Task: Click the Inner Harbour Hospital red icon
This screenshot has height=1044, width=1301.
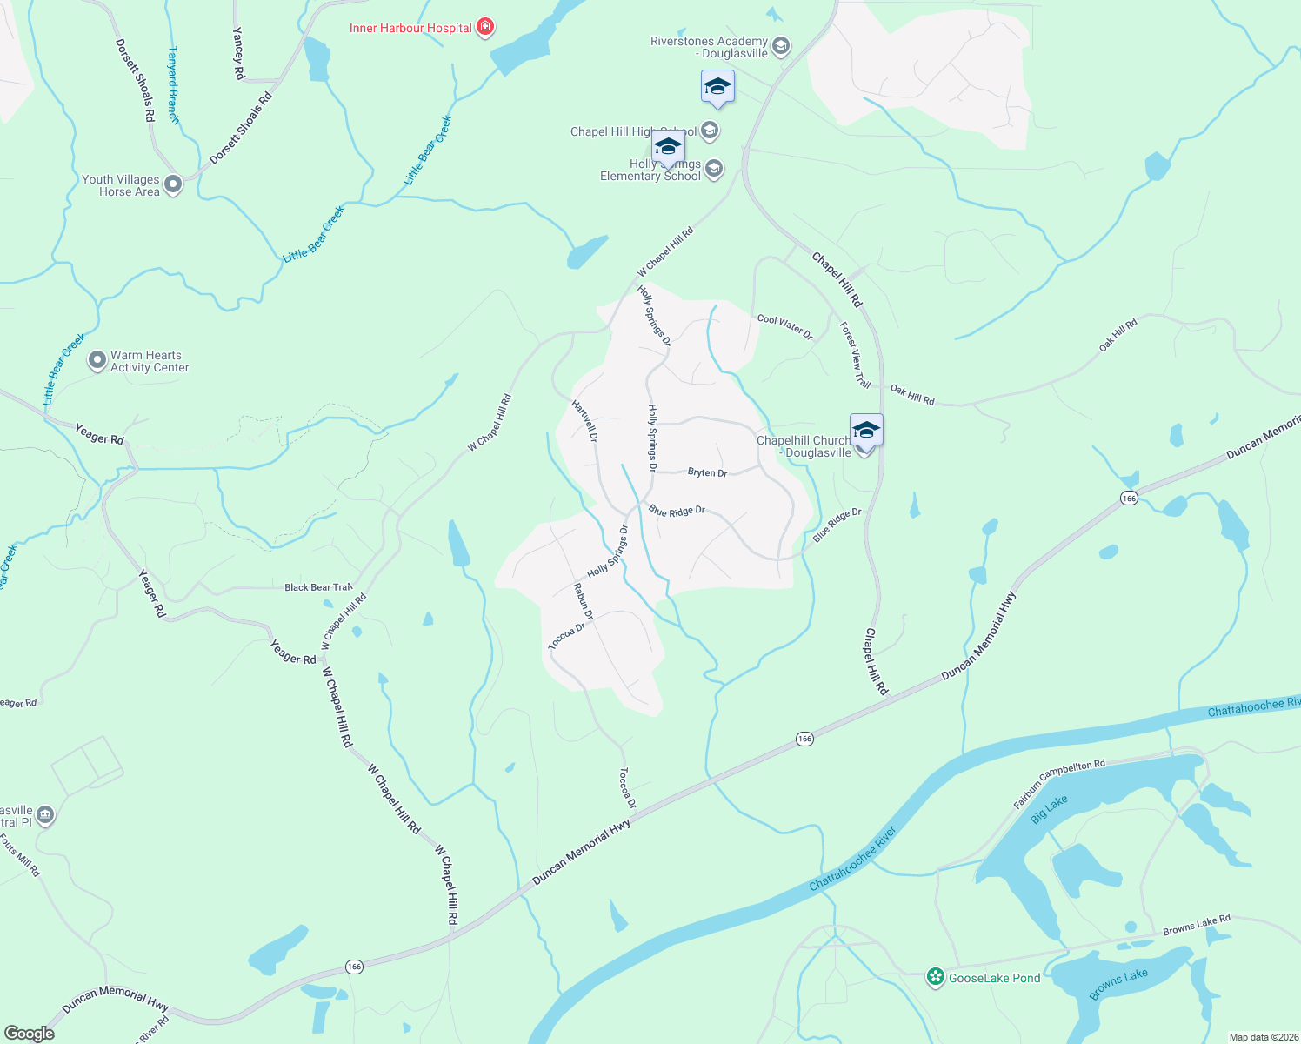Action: pyautogui.click(x=485, y=28)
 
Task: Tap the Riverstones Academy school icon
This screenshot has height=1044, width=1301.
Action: pyautogui.click(x=781, y=46)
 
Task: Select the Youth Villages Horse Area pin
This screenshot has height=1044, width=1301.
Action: pyautogui.click(x=173, y=184)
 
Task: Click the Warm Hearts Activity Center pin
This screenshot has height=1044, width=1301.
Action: pyautogui.click(x=97, y=361)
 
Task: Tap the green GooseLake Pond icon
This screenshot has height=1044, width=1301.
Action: pyautogui.click(x=936, y=977)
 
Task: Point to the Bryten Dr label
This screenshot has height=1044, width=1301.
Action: pyautogui.click(x=707, y=472)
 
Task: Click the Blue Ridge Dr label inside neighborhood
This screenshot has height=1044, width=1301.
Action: pyautogui.click(x=677, y=512)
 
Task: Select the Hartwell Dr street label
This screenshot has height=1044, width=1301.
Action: pyautogui.click(x=584, y=419)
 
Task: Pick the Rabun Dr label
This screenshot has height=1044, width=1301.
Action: pyautogui.click(x=583, y=601)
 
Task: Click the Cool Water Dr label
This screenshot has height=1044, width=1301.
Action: pyautogui.click(x=784, y=325)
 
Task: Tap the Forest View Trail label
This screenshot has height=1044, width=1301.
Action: pyautogui.click(x=855, y=355)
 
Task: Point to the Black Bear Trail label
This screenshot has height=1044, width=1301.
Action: pyautogui.click(x=318, y=587)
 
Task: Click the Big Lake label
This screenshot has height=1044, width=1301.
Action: pyautogui.click(x=1049, y=809)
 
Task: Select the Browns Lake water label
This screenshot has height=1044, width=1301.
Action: pyautogui.click(x=1118, y=984)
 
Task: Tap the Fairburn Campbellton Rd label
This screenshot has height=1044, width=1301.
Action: pyautogui.click(x=1059, y=784)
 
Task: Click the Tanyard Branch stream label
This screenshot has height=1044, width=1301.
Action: pyautogui.click(x=173, y=85)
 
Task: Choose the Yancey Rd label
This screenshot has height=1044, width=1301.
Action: pyautogui.click(x=238, y=53)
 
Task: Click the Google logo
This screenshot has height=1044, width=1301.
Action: pyautogui.click(x=30, y=1033)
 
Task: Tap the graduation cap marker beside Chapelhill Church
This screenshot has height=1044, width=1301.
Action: pyautogui.click(x=866, y=430)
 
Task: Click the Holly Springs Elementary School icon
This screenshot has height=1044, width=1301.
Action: pyautogui.click(x=714, y=169)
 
